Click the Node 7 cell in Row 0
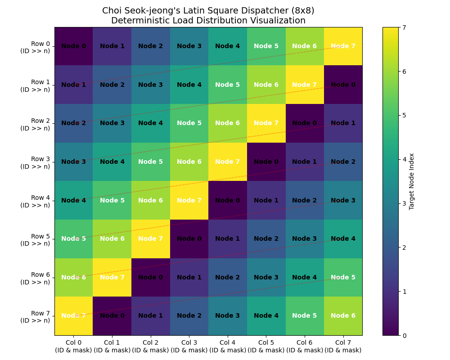[x=343, y=46]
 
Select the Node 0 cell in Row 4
[x=227, y=200]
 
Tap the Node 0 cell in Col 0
[x=73, y=46]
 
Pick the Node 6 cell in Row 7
[x=343, y=315]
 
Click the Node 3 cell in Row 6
[x=266, y=277]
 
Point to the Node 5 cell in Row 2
[x=189, y=123]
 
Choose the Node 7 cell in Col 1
[x=112, y=277]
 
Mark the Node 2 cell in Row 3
[x=343, y=162]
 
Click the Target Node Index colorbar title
[x=412, y=181]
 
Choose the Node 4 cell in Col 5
[x=266, y=315]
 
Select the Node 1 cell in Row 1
[x=73, y=85]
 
